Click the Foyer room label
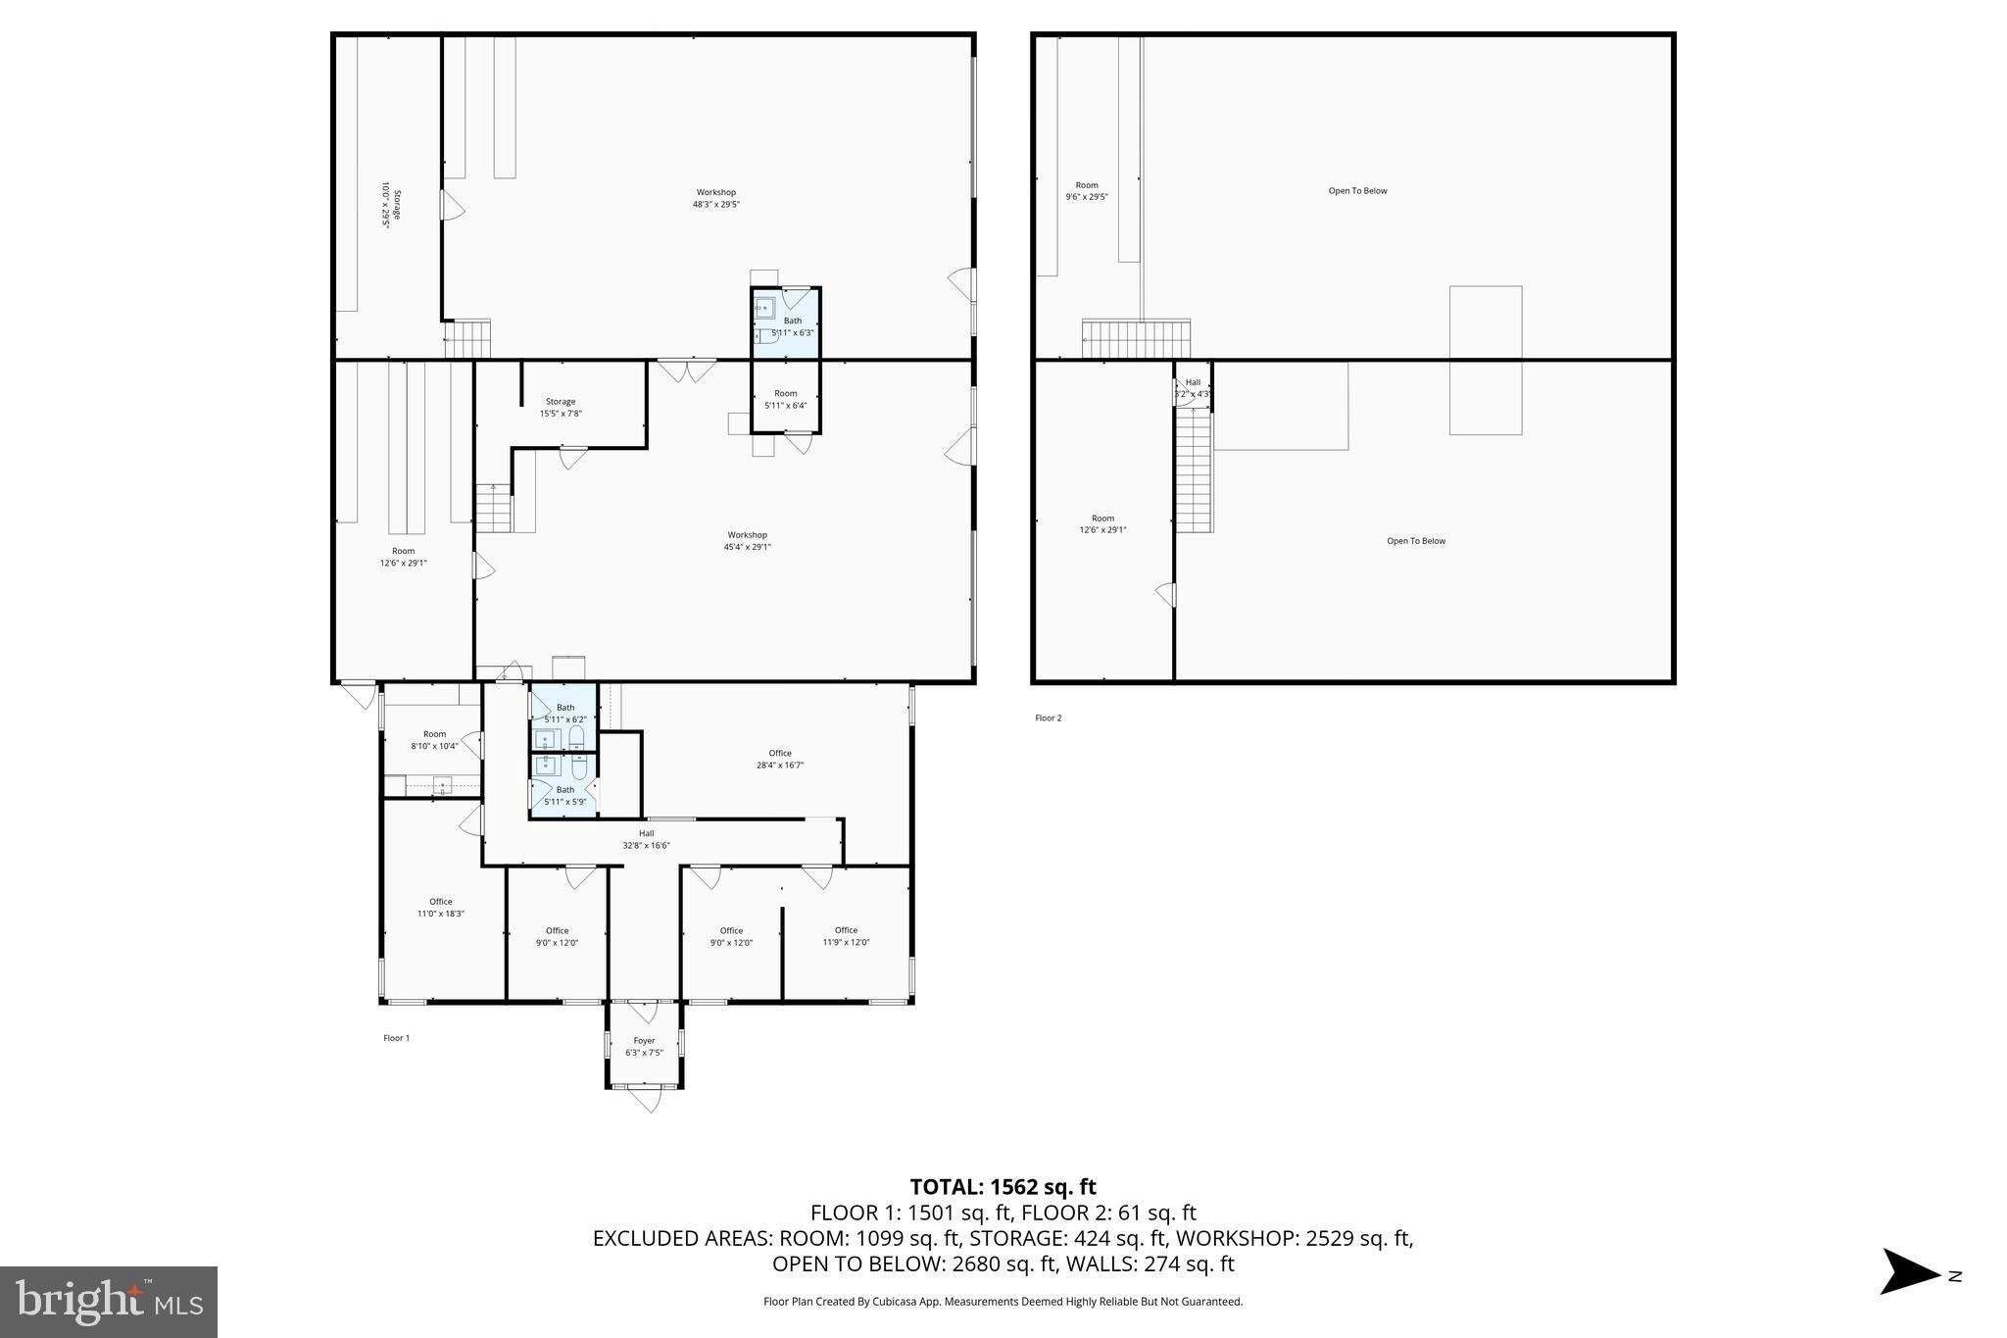[x=644, y=1047]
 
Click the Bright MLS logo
[x=109, y=1302]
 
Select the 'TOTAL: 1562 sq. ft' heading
[x=1003, y=1187]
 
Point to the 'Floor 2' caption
[x=1048, y=719]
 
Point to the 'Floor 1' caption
[x=396, y=1038]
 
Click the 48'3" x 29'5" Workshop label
[x=715, y=199]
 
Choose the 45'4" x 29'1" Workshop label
[x=747, y=541]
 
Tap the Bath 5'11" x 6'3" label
[x=792, y=326]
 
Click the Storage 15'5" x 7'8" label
[x=561, y=408]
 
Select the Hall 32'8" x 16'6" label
[x=646, y=839]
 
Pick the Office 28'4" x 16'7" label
[x=780, y=760]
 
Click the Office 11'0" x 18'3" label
[x=440, y=908]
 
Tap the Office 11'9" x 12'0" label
[x=846, y=936]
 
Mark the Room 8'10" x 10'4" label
[x=434, y=740]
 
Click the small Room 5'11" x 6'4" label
[x=785, y=399]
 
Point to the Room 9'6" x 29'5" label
[x=1087, y=191]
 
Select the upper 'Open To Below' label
[x=1357, y=191]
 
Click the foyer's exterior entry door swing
[x=645, y=1100]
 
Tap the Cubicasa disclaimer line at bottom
[x=1003, y=1302]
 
